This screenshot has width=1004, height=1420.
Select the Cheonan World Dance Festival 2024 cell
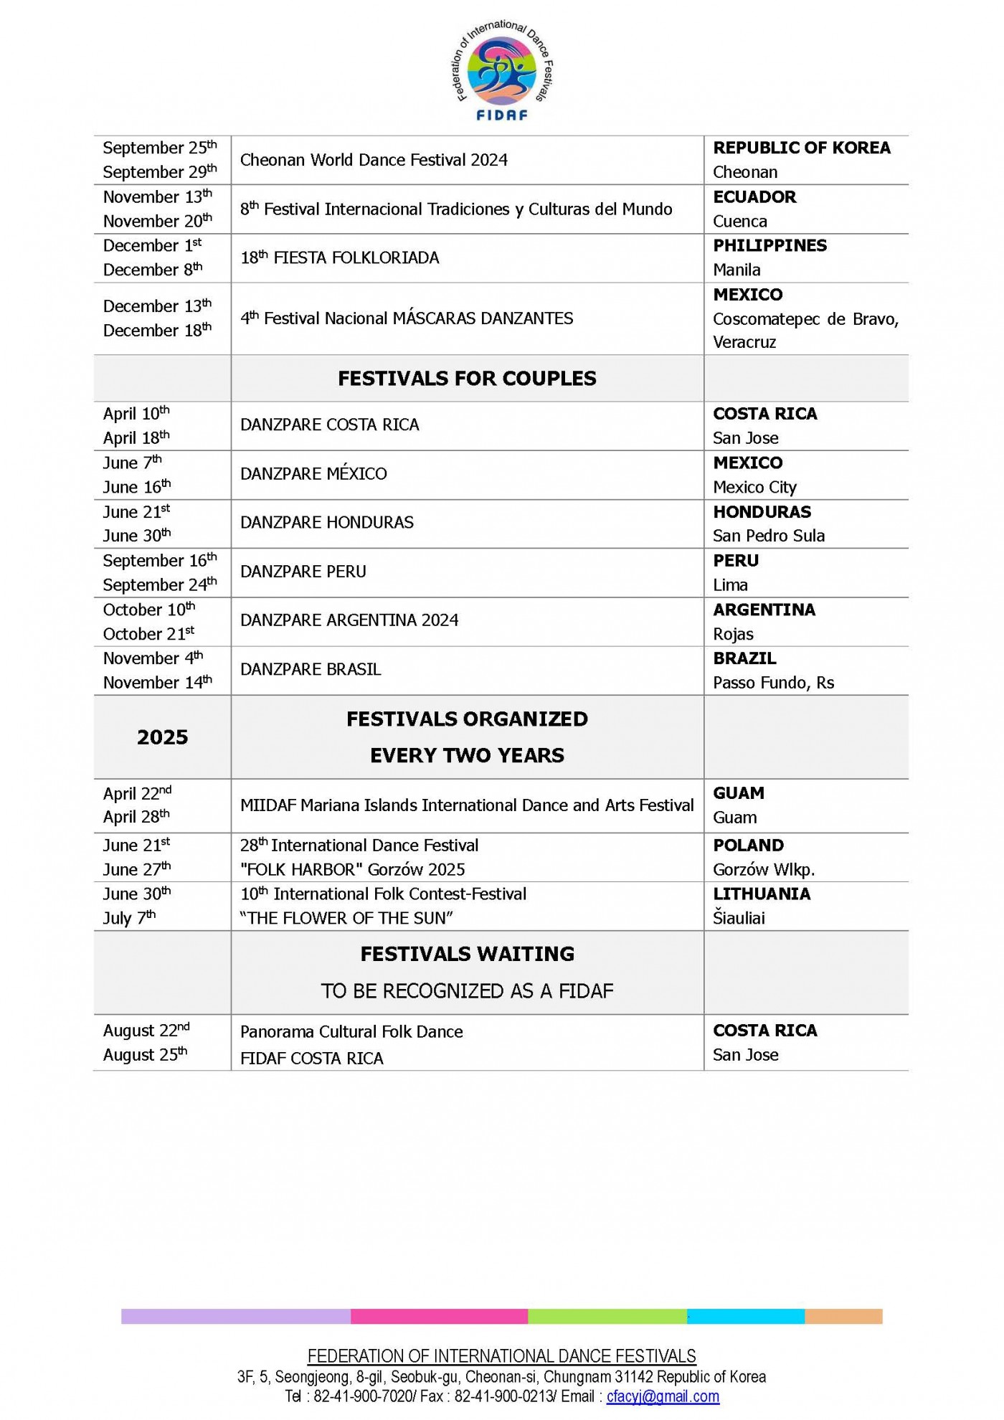(374, 160)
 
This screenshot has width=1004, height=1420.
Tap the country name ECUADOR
(754, 197)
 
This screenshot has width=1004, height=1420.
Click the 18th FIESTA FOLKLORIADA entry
(339, 258)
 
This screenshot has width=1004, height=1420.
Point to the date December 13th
(157, 306)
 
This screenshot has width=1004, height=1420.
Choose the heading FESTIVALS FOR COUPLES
(467, 379)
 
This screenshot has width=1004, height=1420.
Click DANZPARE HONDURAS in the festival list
(327, 523)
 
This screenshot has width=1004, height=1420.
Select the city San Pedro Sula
(768, 536)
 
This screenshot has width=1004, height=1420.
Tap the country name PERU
(735, 561)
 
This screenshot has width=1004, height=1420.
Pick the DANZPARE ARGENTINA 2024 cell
(349, 620)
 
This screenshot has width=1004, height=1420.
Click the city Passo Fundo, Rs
(773, 683)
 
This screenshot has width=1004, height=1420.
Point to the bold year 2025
(162, 737)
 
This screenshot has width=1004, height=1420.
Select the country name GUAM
(738, 793)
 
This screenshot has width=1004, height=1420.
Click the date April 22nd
(137, 794)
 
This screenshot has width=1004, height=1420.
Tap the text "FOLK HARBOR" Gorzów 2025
(352, 870)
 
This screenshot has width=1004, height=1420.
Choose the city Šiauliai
(739, 919)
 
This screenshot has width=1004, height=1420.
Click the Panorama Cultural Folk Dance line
(351, 1032)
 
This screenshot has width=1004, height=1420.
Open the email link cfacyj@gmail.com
(663, 1396)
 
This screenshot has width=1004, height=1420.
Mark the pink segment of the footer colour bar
(439, 1316)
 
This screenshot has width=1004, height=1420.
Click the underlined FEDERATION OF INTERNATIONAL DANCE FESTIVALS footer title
(501, 1356)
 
